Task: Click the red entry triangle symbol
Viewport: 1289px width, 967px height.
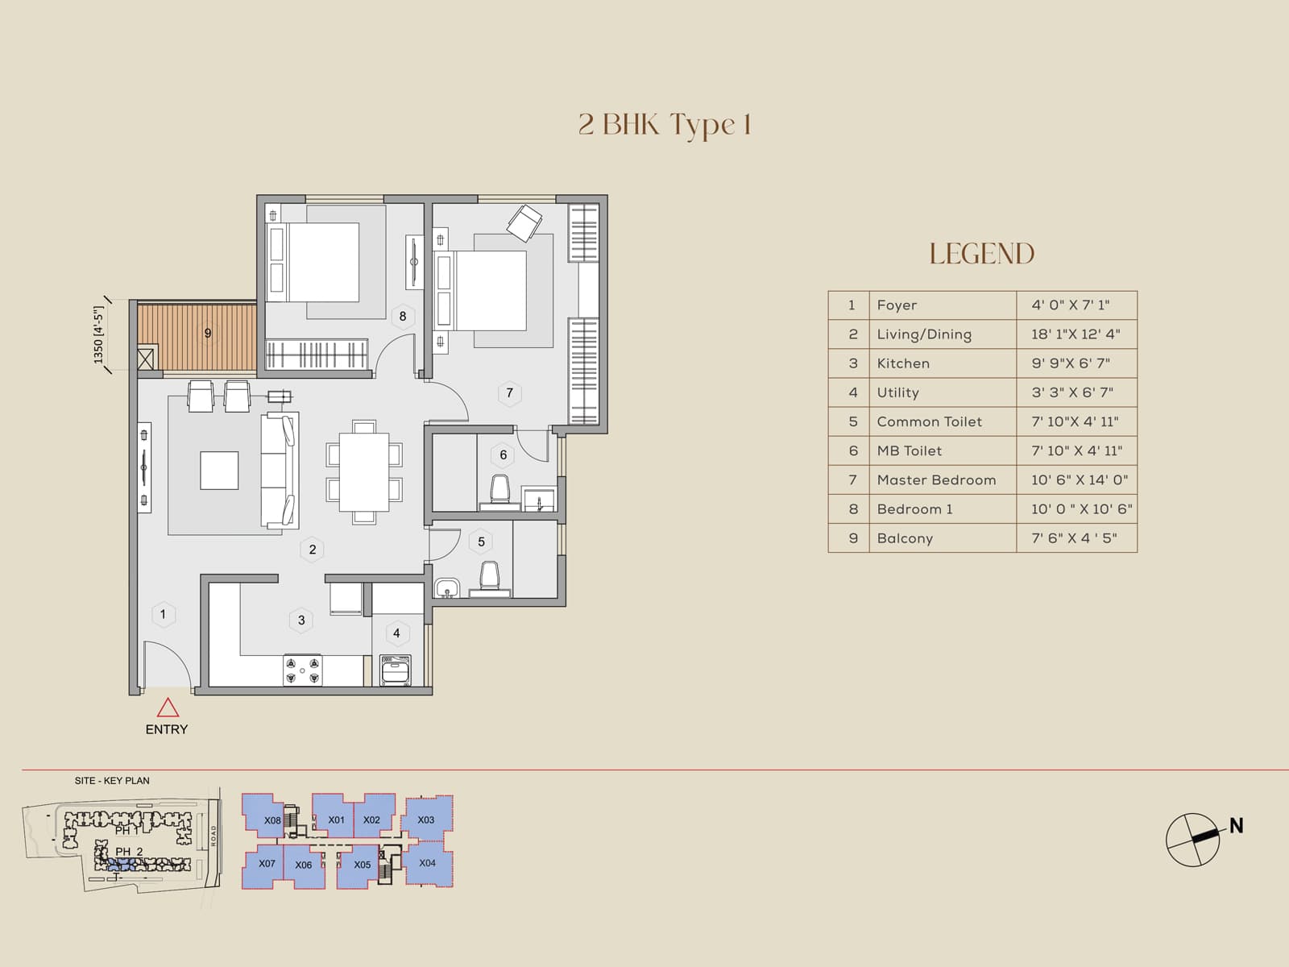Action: point(168,708)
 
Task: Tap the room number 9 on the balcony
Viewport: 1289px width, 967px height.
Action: point(208,333)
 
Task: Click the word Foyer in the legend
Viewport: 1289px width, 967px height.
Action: point(897,305)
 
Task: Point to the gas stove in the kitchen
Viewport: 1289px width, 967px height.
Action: point(302,670)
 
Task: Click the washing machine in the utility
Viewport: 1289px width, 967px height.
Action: point(396,670)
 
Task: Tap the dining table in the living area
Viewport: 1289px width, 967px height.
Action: point(364,472)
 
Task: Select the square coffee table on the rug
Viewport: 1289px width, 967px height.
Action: point(219,471)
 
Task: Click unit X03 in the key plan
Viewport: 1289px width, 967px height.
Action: point(426,820)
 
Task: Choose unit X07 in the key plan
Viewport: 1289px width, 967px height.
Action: point(267,863)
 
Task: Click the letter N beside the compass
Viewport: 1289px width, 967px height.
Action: point(1236,826)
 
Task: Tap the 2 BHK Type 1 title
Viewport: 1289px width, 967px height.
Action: point(665,125)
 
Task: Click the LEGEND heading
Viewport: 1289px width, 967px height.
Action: point(981,254)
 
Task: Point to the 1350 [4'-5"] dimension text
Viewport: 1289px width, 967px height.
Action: point(99,334)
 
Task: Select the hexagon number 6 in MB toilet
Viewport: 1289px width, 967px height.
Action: point(504,455)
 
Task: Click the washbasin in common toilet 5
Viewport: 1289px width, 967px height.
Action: point(446,588)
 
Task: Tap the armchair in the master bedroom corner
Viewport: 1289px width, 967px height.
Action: point(524,222)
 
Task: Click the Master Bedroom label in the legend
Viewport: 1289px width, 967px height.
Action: point(936,480)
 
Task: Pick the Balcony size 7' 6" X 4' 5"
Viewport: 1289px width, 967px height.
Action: point(1074,538)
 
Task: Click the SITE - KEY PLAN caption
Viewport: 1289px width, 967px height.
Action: point(112,781)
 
